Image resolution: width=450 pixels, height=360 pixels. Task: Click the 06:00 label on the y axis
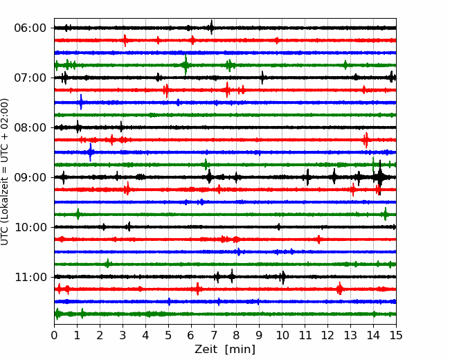point(30,28)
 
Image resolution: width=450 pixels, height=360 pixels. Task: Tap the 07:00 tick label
point(30,78)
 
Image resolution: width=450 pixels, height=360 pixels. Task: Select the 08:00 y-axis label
point(30,127)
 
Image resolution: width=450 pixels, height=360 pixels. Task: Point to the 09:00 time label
point(30,177)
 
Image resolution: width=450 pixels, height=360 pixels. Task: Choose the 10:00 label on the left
point(30,227)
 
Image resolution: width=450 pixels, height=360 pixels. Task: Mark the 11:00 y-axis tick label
point(30,277)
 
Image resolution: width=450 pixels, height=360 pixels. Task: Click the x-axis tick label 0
point(54,335)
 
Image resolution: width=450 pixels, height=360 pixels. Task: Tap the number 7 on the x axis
point(213,335)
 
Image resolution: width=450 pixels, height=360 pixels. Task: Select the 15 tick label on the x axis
point(396,335)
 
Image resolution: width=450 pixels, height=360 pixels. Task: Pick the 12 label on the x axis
point(327,335)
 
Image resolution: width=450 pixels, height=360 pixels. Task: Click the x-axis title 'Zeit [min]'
point(225,350)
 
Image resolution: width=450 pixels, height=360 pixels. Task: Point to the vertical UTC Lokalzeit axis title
point(5,172)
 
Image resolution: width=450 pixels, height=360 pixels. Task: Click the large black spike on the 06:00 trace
point(212,27)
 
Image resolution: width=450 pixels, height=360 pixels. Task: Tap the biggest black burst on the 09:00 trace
point(380,177)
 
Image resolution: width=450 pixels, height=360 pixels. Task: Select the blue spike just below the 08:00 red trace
point(91,152)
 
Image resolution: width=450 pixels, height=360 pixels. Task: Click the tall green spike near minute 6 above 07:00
point(186,64)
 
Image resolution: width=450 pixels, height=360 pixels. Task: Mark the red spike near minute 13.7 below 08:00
point(366,140)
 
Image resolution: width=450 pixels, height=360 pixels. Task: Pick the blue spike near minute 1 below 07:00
point(81,102)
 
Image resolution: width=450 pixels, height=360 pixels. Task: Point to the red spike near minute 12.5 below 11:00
point(339,289)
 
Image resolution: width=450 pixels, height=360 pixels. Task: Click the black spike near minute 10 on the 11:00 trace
point(283,278)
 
